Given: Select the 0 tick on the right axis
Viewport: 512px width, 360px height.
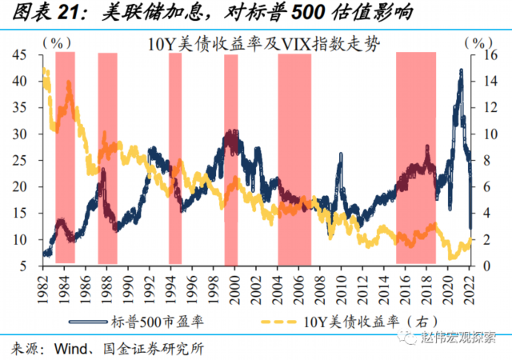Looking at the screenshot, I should [480, 266].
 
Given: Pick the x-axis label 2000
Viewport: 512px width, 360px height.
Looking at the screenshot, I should [233, 286].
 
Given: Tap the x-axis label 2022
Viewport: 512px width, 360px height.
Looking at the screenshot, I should [467, 286].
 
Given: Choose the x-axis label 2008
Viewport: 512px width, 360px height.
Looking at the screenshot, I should [319, 286].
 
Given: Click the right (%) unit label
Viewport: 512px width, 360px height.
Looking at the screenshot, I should [474, 42].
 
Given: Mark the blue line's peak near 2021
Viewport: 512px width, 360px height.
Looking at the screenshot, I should [461, 71].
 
